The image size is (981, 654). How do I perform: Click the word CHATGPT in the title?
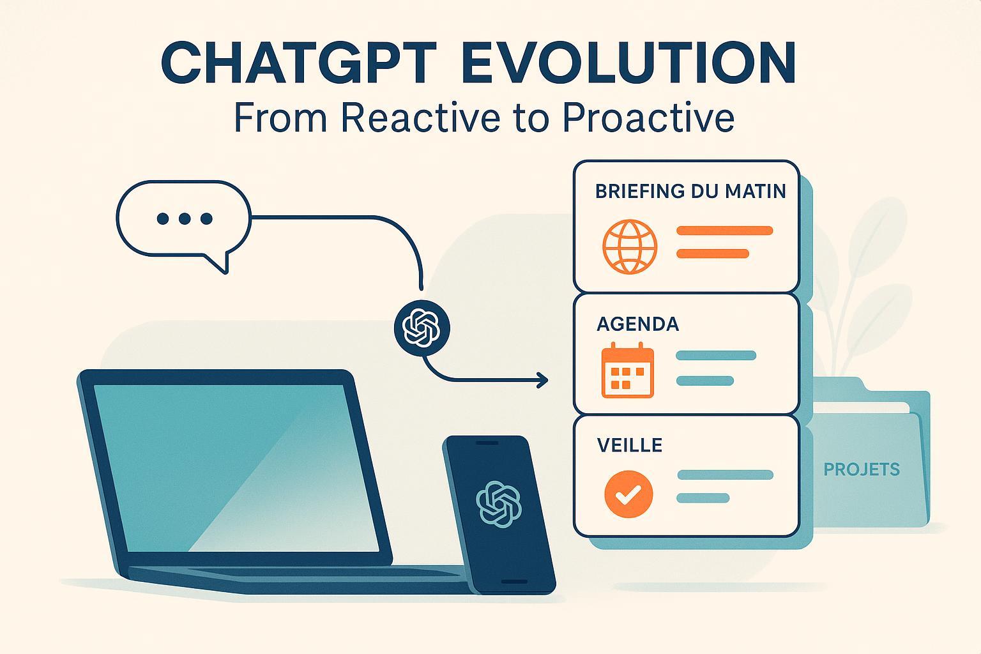click(x=299, y=62)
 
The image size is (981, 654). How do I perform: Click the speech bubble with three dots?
click(x=184, y=219)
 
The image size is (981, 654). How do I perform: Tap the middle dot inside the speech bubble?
click(x=185, y=218)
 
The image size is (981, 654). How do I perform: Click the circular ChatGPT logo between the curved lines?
click(x=422, y=328)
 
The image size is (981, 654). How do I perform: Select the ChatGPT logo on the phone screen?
click(x=498, y=504)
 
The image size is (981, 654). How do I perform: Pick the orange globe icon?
click(x=629, y=247)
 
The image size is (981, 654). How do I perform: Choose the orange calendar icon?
click(x=628, y=370)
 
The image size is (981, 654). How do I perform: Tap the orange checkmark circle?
click(x=628, y=494)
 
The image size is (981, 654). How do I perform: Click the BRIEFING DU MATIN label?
click(x=690, y=192)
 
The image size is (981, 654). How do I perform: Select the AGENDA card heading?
click(x=637, y=324)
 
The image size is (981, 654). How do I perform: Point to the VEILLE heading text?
click(x=629, y=445)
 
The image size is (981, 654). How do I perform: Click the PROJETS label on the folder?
click(x=862, y=469)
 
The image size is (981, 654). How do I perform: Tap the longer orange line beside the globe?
click(x=725, y=231)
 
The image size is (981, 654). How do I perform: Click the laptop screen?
click(x=236, y=468)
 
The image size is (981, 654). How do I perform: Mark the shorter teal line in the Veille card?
click(x=703, y=498)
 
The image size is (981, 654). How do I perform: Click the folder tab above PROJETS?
click(x=839, y=384)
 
